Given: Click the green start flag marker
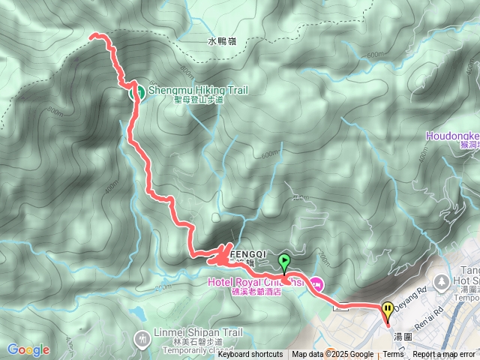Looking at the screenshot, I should [x=284, y=261].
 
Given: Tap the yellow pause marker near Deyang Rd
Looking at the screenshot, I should [x=387, y=310].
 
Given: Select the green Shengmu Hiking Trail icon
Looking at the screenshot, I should [x=138, y=92].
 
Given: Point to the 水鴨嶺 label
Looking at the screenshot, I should [x=222, y=42].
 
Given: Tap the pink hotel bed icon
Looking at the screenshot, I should [x=316, y=283].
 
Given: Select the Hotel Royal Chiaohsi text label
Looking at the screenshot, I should [x=255, y=283].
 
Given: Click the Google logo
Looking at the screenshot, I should [x=28, y=349].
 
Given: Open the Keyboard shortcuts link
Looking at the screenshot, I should [x=250, y=355].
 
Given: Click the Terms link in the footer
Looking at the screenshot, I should [x=393, y=355].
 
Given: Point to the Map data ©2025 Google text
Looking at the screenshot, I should [x=332, y=355].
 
